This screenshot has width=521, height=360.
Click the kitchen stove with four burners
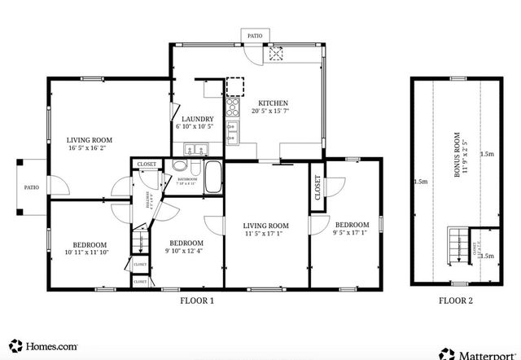pos(233,106)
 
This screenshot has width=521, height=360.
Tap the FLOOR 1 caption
pos(197,300)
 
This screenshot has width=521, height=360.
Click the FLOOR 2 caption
pos(454,300)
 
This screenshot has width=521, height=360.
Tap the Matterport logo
pos(480,353)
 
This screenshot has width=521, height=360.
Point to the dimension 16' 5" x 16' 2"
pos(90,149)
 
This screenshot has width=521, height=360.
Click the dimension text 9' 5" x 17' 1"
pos(352,233)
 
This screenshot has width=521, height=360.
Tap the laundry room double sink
pos(195,149)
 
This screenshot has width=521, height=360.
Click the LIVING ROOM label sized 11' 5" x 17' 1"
pos(266,225)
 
